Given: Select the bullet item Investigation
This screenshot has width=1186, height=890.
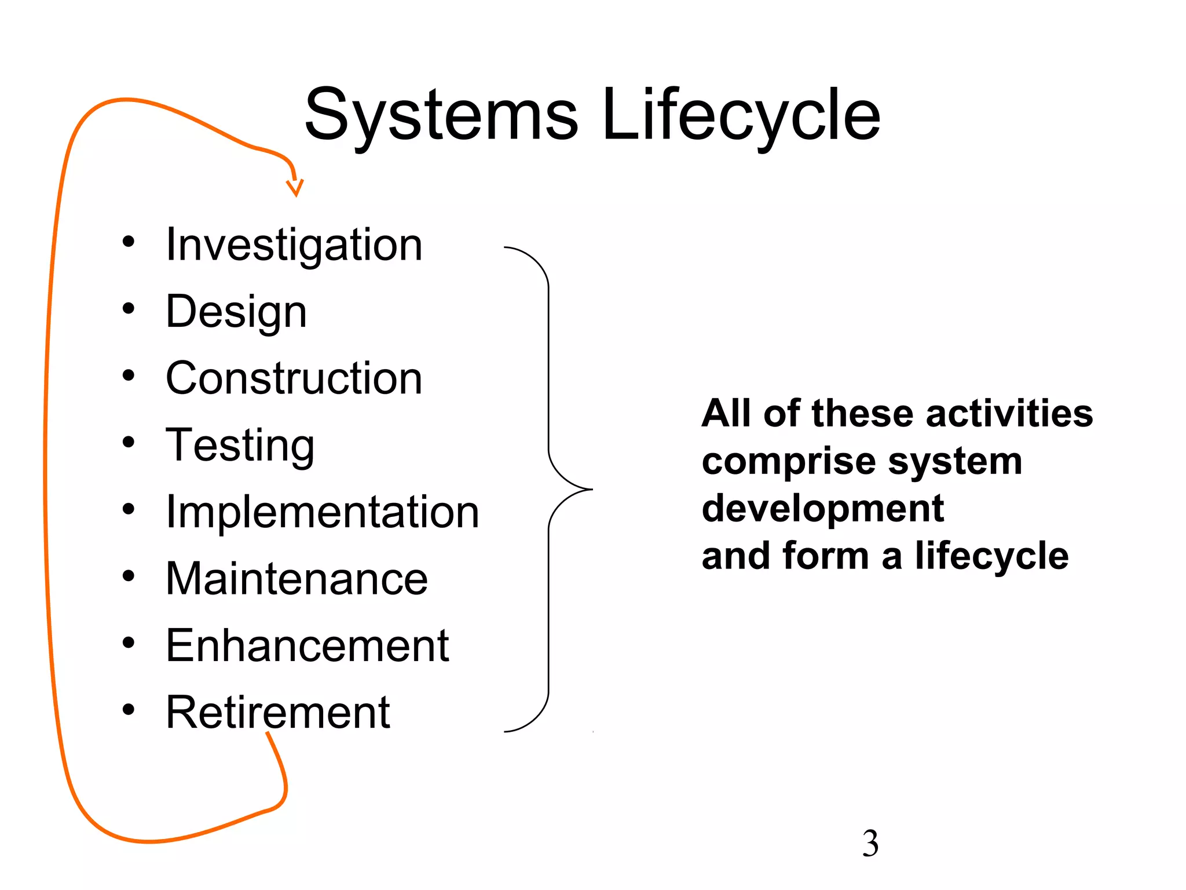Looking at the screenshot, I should [294, 245].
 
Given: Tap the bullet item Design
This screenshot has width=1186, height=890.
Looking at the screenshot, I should [236, 312].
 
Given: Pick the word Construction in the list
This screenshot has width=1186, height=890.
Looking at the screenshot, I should [294, 378].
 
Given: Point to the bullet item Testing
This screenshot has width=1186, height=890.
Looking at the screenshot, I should [240, 446].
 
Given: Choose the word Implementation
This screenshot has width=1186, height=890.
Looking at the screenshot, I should [322, 512].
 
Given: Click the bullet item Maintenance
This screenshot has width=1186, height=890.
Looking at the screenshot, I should [296, 579].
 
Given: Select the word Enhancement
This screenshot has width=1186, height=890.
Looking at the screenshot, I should [307, 645].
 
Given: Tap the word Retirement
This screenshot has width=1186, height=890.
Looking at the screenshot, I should [277, 712].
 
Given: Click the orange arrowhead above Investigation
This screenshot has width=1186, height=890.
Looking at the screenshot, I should [295, 188].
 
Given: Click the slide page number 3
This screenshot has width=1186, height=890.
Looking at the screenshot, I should [870, 844].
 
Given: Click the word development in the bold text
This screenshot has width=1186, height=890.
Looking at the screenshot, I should [822, 509].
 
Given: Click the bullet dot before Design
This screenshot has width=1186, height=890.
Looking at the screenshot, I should [129, 308].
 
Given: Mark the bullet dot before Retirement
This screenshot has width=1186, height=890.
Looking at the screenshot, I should [129, 709].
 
